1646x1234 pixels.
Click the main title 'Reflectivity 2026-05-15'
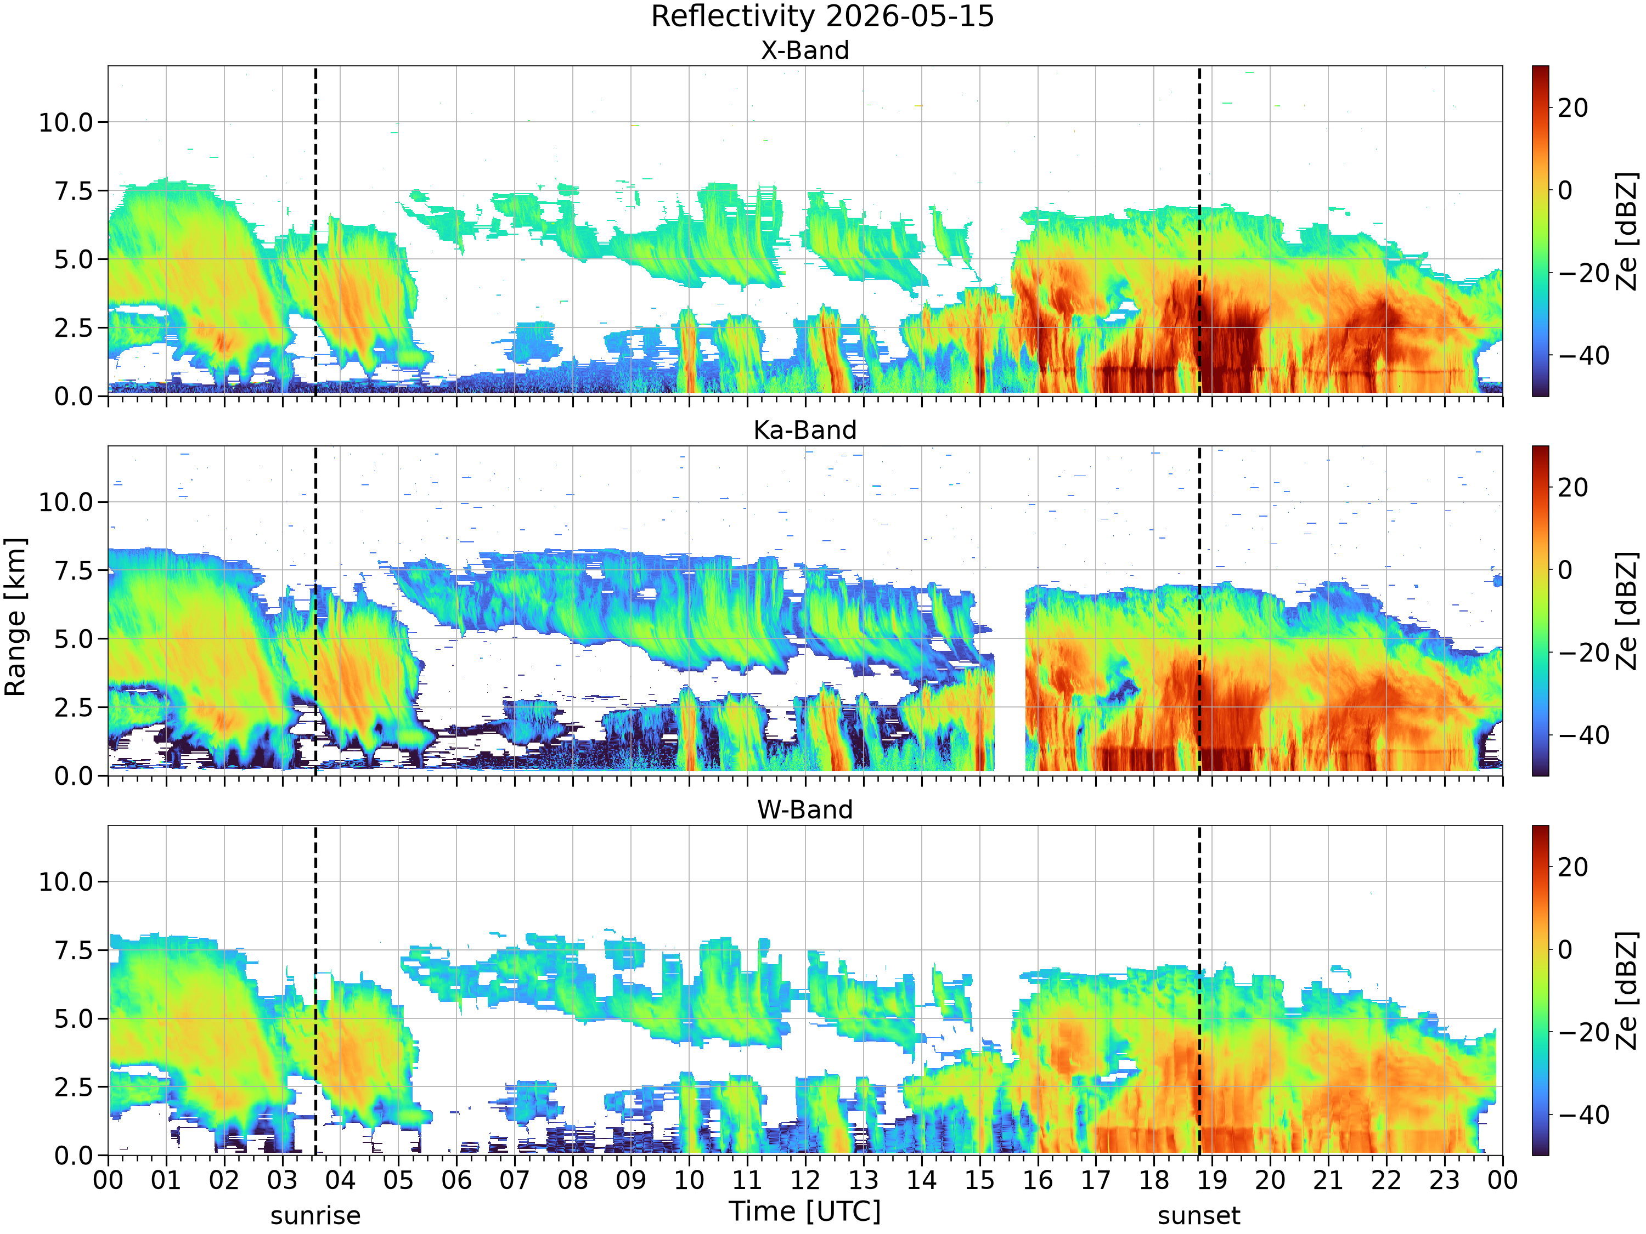822,16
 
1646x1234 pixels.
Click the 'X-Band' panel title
804,50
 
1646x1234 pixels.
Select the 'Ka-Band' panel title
804,430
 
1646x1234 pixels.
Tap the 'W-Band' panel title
804,810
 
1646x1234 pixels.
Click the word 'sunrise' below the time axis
315,1216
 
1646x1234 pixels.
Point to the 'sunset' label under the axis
1199,1216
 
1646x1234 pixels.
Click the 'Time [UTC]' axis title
804,1212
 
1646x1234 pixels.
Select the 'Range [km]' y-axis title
15,618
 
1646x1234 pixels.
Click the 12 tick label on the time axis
805,1180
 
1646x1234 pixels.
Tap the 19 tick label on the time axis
1212,1180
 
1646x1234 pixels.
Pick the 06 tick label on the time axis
456,1180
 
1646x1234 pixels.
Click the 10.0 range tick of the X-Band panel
66,122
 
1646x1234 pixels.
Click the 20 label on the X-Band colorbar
1573,108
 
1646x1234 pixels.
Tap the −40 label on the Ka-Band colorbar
1583,735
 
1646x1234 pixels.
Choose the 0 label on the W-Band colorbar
1566,949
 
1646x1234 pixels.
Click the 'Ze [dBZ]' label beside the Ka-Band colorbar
1627,610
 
